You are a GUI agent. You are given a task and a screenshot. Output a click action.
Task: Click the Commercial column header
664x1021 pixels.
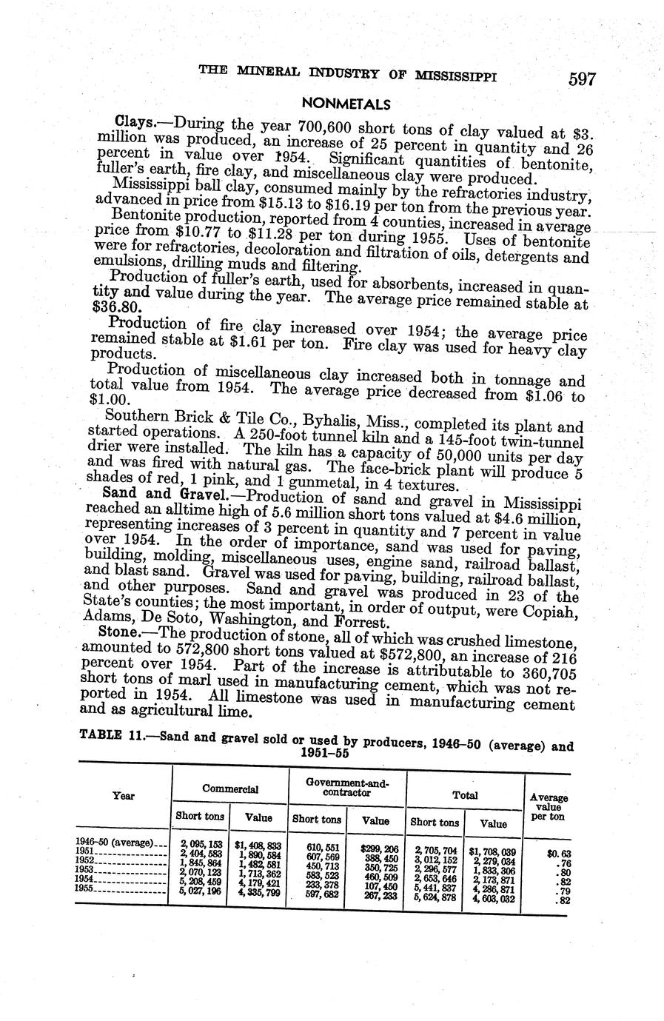pos(230,789)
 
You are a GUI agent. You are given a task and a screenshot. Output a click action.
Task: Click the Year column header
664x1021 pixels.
pos(124,796)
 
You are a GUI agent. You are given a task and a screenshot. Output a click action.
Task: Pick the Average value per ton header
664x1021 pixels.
pos(549,807)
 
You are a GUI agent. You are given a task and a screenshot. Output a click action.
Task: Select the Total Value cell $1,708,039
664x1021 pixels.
pos(494,851)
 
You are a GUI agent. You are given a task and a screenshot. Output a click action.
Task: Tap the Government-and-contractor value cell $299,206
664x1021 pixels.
pos(379,849)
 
